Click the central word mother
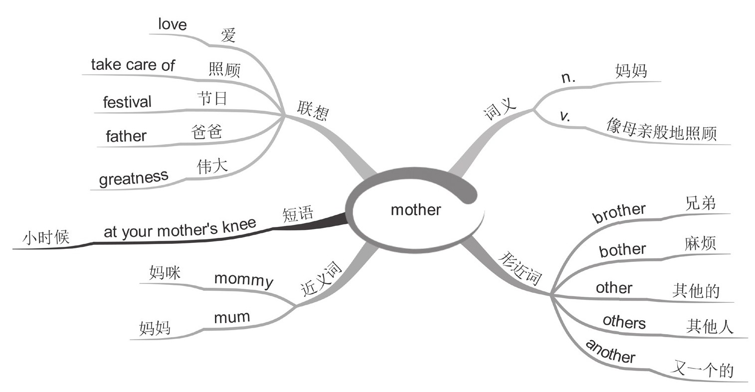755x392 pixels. (415, 209)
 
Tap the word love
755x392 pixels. (172, 24)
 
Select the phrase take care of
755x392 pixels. (133, 64)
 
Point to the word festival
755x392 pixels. (127, 102)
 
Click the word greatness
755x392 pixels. (134, 177)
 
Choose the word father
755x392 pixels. (126, 136)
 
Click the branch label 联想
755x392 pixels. (313, 110)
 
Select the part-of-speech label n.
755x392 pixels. (568, 77)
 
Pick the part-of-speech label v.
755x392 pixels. (565, 116)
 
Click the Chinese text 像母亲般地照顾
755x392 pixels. (661, 130)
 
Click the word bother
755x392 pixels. (622, 249)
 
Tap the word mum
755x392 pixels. (231, 317)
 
